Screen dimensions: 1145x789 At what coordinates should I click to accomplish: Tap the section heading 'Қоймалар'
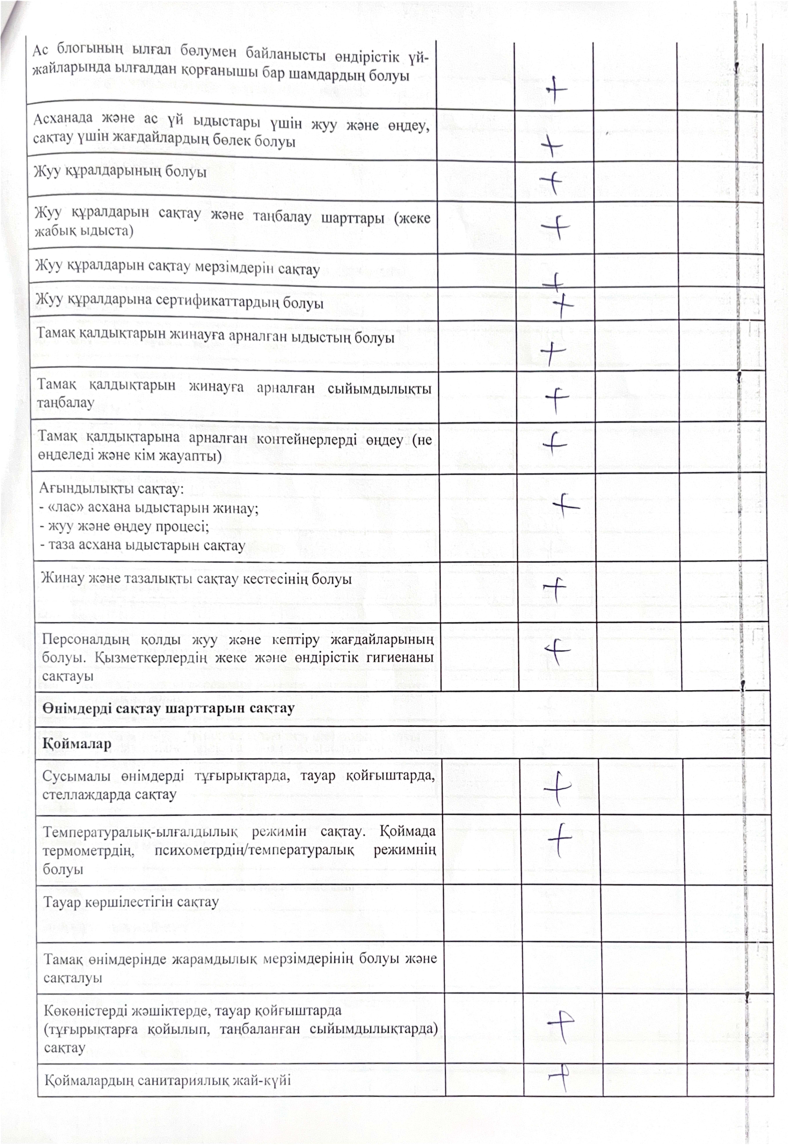pos(77,743)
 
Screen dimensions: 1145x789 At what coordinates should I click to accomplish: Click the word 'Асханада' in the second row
pos(63,119)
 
